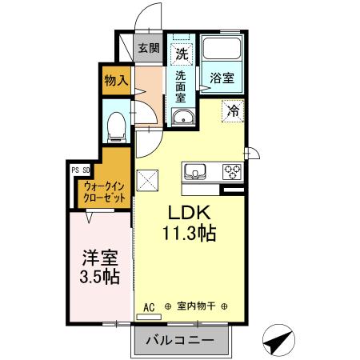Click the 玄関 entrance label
[x=148, y=48]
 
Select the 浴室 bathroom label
[x=222, y=78]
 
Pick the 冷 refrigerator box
[x=233, y=111]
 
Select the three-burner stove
[x=233, y=170]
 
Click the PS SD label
[x=80, y=170]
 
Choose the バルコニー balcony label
[x=180, y=341]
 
